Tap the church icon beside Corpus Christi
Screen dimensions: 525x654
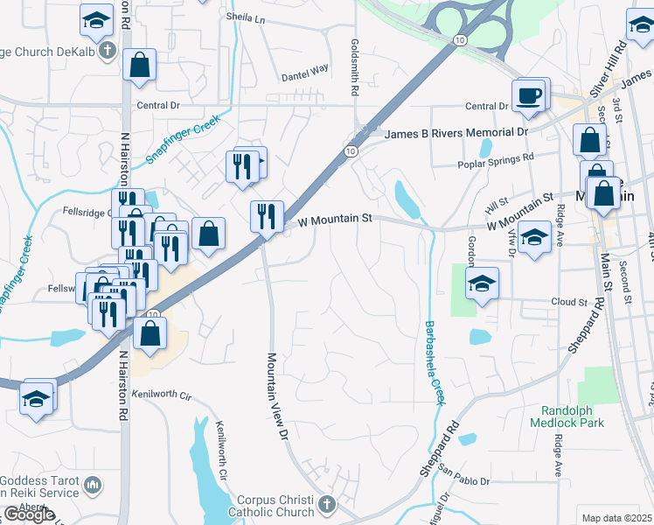coord(326,504)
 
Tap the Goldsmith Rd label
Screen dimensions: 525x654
coord(355,66)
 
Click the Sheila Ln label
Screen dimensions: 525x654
coord(245,17)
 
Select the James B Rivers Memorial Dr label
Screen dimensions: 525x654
coord(457,132)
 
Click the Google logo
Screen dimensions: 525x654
coord(29,514)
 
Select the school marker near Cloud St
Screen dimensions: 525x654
coord(481,285)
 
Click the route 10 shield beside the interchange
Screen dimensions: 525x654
coord(460,40)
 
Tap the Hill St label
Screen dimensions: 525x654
coord(497,203)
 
